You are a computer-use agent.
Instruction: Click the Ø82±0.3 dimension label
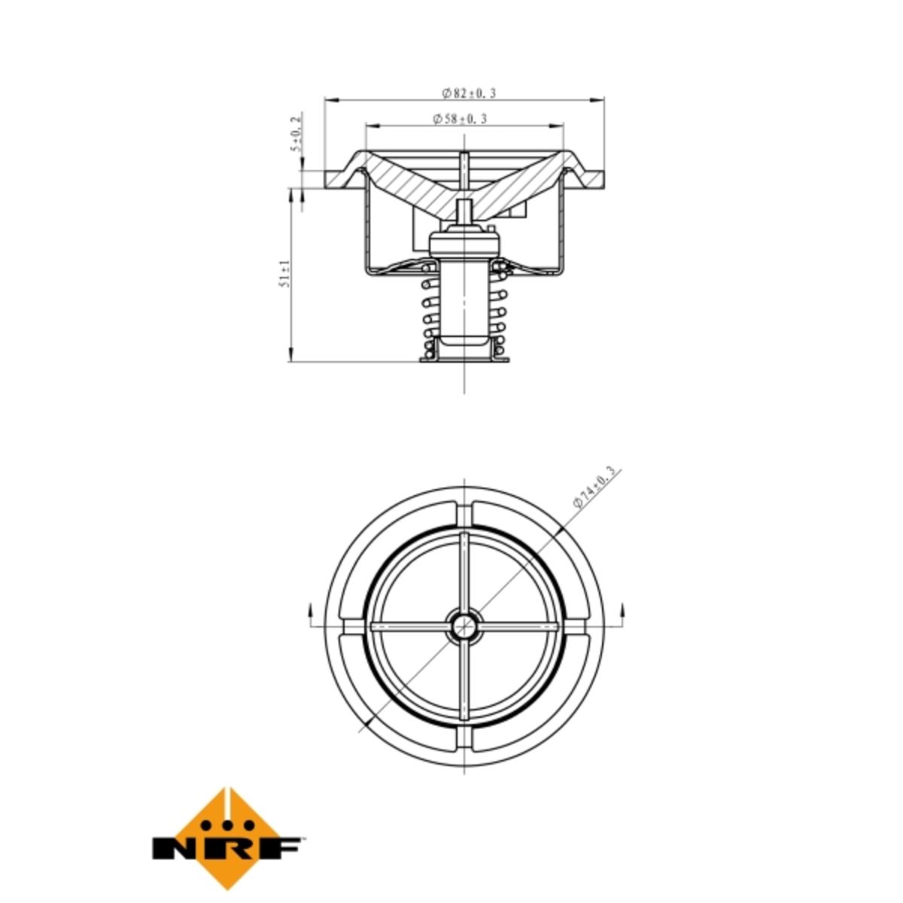point(467,93)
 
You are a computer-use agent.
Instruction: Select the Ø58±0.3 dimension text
point(459,119)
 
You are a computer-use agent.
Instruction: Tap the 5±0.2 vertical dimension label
point(296,134)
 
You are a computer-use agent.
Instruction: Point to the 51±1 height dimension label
point(285,273)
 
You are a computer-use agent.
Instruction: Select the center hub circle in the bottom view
point(464,625)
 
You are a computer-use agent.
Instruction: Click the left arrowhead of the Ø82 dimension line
point(331,99)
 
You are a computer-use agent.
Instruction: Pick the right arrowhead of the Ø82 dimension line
point(597,99)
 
